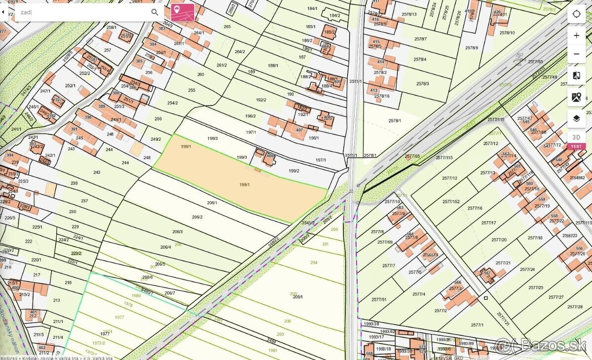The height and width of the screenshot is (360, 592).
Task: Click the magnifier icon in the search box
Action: click(155, 12)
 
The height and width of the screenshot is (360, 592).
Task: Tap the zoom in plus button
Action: click(576, 36)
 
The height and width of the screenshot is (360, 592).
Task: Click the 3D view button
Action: click(576, 137)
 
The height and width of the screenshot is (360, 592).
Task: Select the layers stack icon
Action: click(576, 118)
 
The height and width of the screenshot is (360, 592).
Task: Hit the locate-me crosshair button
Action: click(576, 14)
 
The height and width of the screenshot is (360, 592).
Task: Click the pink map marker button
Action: click(183, 12)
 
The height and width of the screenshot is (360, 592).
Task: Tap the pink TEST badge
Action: click(576, 146)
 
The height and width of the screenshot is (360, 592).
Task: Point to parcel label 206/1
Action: click(212, 203)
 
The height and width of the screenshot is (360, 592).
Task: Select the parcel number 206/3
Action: click(177, 232)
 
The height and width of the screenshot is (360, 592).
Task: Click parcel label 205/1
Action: click(297, 297)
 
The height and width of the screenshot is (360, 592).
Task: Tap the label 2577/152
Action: click(451, 202)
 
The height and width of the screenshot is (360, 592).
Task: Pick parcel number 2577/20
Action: click(499, 240)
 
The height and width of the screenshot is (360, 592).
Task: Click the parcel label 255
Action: click(191, 90)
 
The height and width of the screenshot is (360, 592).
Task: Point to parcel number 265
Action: click(227, 27)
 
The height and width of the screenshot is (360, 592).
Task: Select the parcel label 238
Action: click(74, 183)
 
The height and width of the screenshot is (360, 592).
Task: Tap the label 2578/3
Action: click(422, 83)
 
